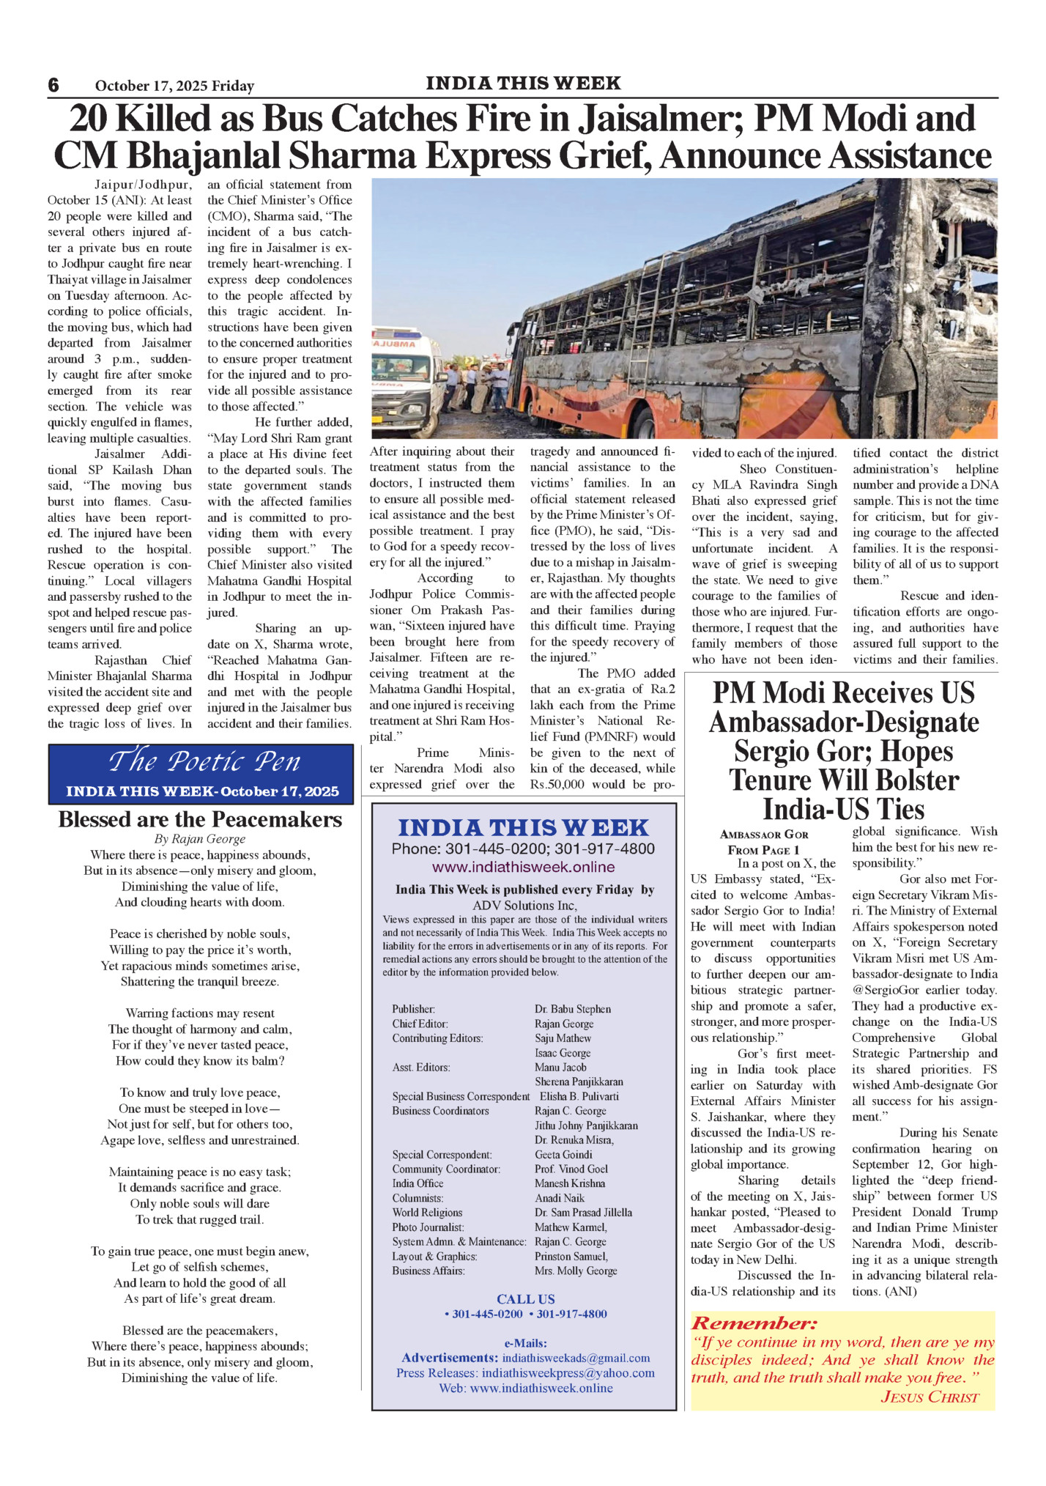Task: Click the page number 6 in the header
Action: (x=53, y=85)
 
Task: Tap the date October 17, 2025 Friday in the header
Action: (x=174, y=86)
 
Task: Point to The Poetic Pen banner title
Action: (x=204, y=762)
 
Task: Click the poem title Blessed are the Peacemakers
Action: (x=200, y=819)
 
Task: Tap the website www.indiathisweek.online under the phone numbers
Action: (x=523, y=868)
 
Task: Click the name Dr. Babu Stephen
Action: (x=573, y=1009)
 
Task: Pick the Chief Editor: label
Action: (x=420, y=1024)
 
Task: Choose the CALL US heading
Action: (x=525, y=1299)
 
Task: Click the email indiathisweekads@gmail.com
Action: (x=576, y=1358)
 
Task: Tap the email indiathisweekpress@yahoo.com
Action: (x=568, y=1373)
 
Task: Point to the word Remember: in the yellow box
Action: (x=754, y=1323)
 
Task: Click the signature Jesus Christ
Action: (x=930, y=1397)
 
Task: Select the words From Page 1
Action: (x=763, y=850)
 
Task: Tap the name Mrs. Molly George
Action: (x=576, y=1271)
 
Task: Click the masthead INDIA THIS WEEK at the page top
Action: (x=523, y=84)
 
